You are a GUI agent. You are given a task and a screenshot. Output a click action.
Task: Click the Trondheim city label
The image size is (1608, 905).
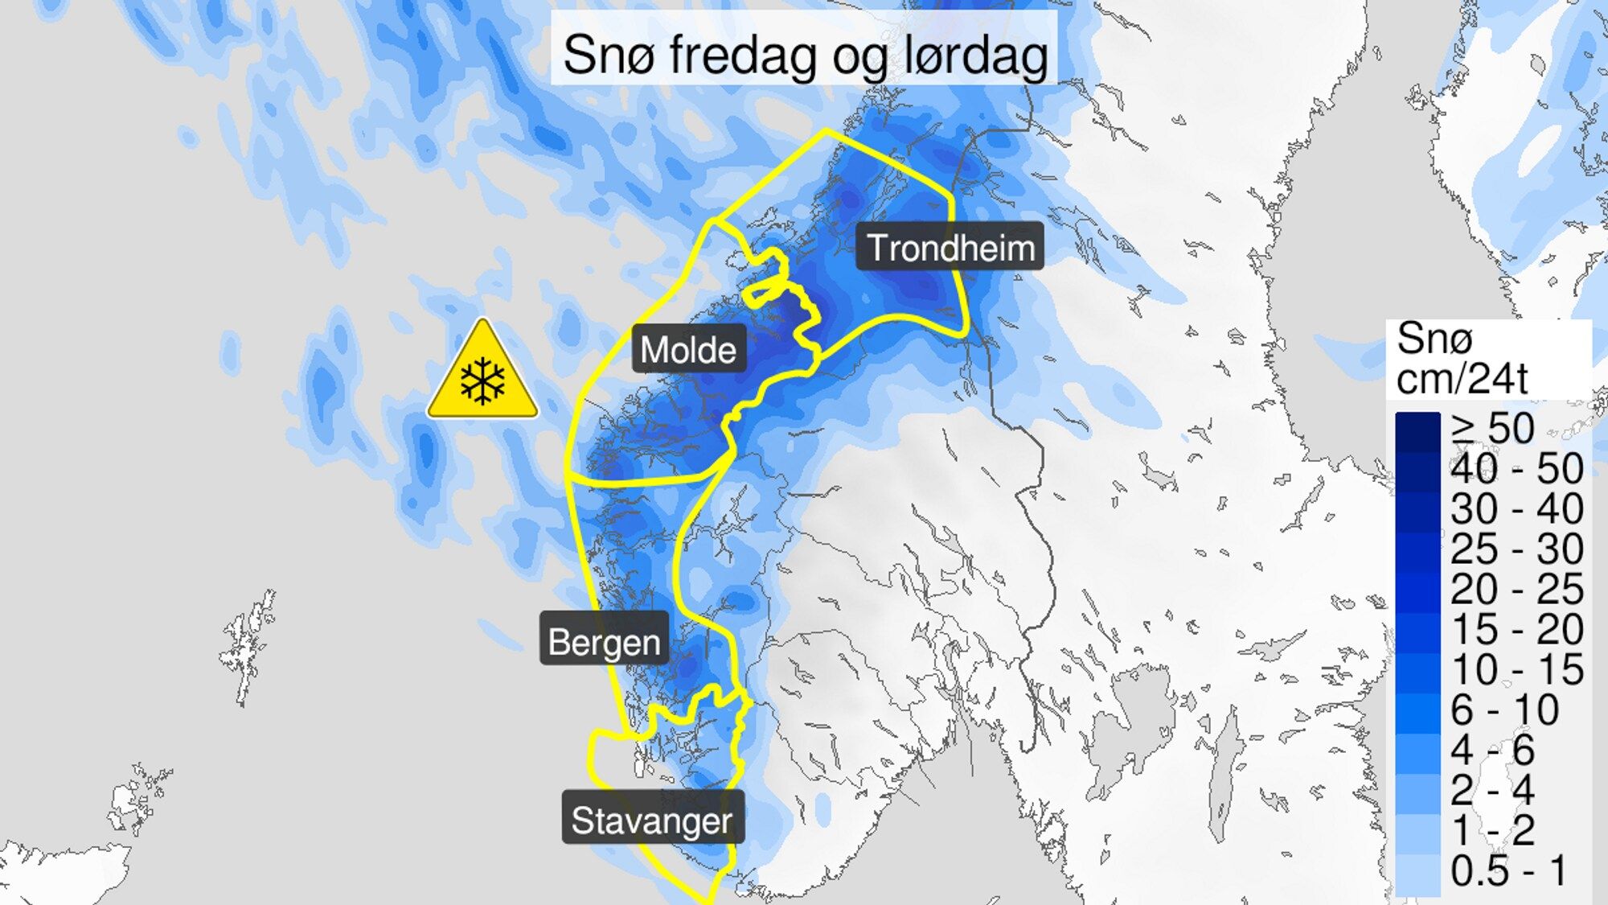950,247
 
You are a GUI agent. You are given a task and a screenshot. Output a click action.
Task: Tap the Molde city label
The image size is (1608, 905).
688,349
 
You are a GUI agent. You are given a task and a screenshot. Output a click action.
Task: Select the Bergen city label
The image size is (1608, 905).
604,641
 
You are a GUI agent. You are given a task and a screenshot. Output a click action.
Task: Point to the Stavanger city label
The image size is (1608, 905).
652,820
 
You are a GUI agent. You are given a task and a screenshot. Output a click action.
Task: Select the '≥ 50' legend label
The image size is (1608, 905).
1493,428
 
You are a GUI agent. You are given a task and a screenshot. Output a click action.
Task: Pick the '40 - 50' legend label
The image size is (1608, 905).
1516,468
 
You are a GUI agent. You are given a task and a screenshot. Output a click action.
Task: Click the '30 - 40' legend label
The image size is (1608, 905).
1516,508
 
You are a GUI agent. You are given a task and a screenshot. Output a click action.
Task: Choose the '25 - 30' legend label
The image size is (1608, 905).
1516,549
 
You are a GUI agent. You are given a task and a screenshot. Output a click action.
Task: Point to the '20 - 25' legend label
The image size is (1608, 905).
1516,589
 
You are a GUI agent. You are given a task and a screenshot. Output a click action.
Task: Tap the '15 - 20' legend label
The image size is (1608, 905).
1516,629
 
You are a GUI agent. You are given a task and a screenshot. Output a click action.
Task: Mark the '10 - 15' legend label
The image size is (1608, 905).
1516,669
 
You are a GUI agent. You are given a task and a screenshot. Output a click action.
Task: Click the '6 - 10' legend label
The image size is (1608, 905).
1503,710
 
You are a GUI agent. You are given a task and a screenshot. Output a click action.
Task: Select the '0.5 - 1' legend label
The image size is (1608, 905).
1508,870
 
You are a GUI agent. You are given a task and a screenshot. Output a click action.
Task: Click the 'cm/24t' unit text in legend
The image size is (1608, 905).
1461,378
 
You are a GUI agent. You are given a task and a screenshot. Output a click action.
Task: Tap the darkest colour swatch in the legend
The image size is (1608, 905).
1417,432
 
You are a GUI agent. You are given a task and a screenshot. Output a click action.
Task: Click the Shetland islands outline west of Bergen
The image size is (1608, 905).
248,644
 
